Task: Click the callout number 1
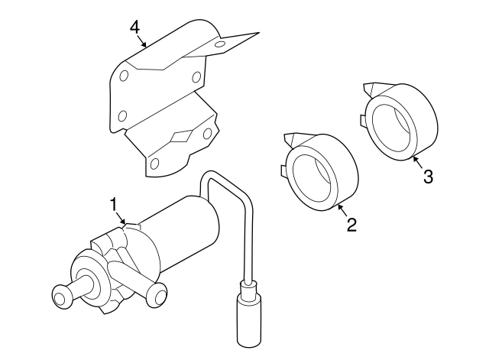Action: tap(113, 204)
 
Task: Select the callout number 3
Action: tap(427, 177)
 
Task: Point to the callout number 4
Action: tap(134, 27)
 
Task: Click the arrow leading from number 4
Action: tap(142, 42)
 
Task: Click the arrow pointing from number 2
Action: tap(340, 209)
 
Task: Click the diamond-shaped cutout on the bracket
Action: tap(180, 136)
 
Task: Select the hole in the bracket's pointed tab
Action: tap(220, 45)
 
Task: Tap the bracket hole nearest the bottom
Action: tap(153, 163)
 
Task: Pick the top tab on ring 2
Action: tap(290, 139)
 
